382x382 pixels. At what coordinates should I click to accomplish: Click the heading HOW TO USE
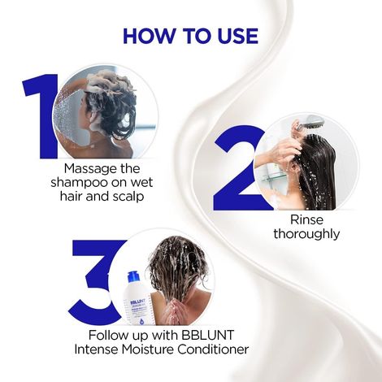pyautogui.click(x=190, y=37)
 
